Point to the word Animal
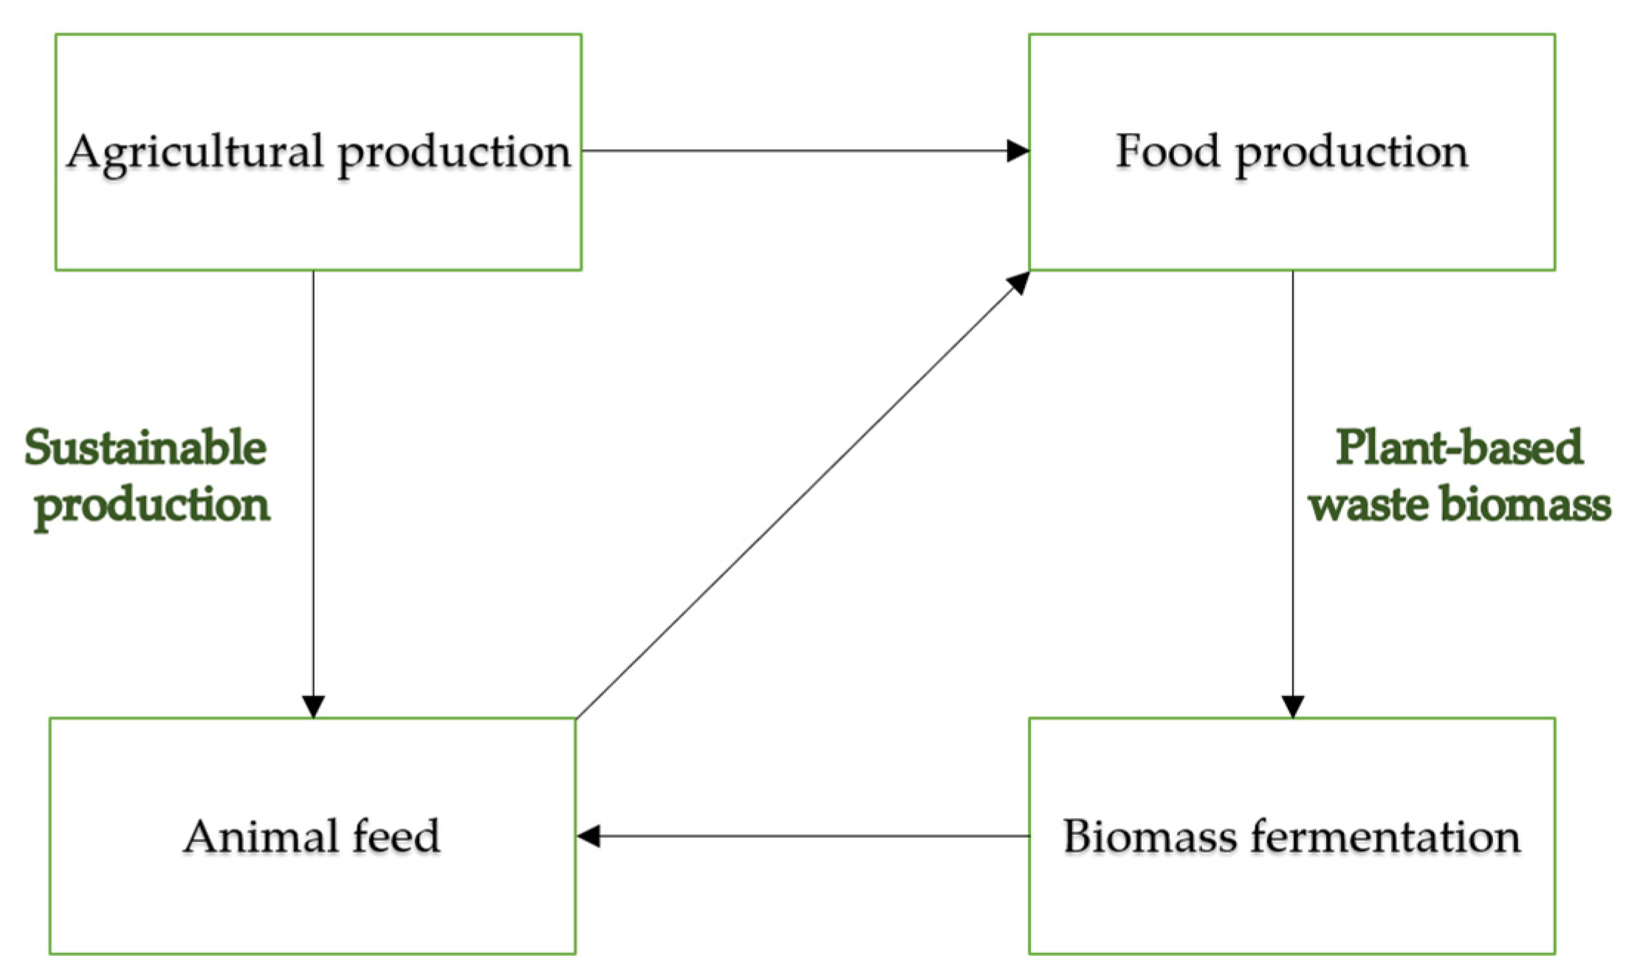tap(255, 836)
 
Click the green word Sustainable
tap(145, 448)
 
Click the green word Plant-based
tap(1459, 448)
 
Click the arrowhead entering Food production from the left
tap(1019, 151)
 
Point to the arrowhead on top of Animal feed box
tap(313, 706)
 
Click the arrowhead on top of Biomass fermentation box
tap(1292, 706)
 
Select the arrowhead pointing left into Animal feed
tap(588, 836)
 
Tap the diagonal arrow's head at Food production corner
tap(1020, 280)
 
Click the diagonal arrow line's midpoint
tap(802, 495)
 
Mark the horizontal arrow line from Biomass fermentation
tap(812, 836)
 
